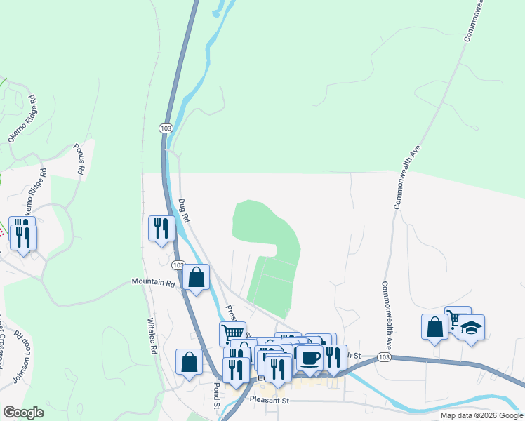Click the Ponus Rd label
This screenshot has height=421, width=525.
pyautogui.click(x=79, y=160)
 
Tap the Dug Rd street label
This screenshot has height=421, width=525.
pyautogui.click(x=183, y=210)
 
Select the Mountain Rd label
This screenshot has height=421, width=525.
pyautogui.click(x=153, y=283)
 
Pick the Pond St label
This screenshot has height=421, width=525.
pyautogui.click(x=217, y=394)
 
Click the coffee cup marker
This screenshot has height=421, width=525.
pyautogui.click(x=310, y=358)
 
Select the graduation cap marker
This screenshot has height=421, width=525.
pyautogui.click(x=472, y=328)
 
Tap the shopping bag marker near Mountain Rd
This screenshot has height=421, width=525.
pyautogui.click(x=197, y=277)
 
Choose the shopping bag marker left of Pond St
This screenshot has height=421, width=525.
pyautogui.click(x=190, y=362)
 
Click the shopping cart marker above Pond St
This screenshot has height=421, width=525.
pyautogui.click(x=232, y=333)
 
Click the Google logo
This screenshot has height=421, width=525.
pyautogui.click(x=23, y=413)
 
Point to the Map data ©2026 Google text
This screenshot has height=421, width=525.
pyautogui.click(x=481, y=415)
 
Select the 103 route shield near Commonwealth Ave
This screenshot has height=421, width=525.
pyautogui.click(x=383, y=357)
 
